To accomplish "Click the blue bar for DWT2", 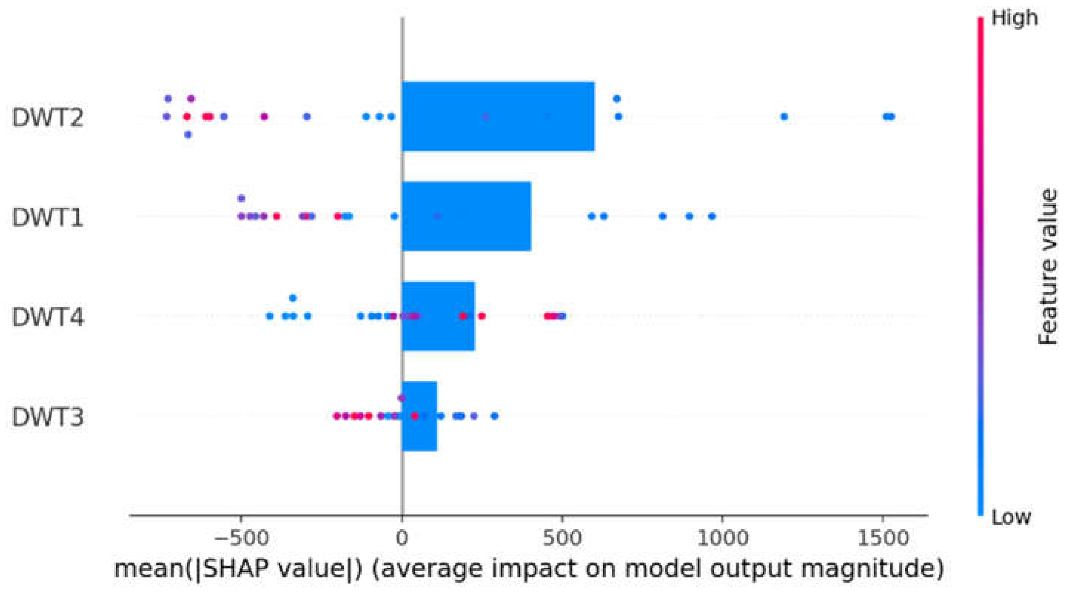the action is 498,117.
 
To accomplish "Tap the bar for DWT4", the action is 438,316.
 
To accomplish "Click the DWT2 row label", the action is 48,118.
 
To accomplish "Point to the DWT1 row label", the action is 48,218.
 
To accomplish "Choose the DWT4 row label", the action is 48,317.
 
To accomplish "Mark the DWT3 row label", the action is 48,417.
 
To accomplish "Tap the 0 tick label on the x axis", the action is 402,538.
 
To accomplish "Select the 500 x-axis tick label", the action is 562,538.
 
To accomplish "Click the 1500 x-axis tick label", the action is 882,538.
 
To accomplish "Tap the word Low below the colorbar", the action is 1011,517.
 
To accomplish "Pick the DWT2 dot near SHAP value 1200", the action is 784,117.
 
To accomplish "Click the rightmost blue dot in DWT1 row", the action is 712,216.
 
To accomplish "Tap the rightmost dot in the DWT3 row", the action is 494,416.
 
